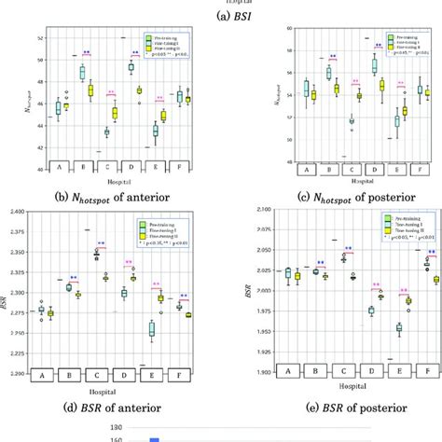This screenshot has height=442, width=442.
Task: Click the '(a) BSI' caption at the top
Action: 220,16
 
